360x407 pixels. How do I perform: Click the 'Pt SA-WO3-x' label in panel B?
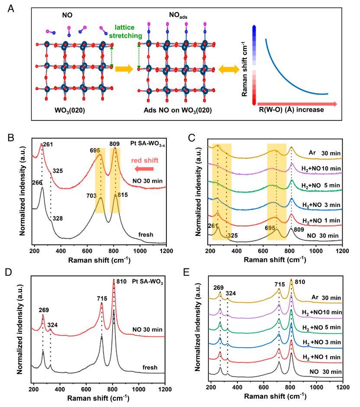point(145,141)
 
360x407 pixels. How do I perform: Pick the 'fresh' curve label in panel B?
point(146,234)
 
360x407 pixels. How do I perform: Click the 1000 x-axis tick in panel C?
point(316,251)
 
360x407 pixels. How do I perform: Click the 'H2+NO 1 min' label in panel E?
point(321,357)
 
